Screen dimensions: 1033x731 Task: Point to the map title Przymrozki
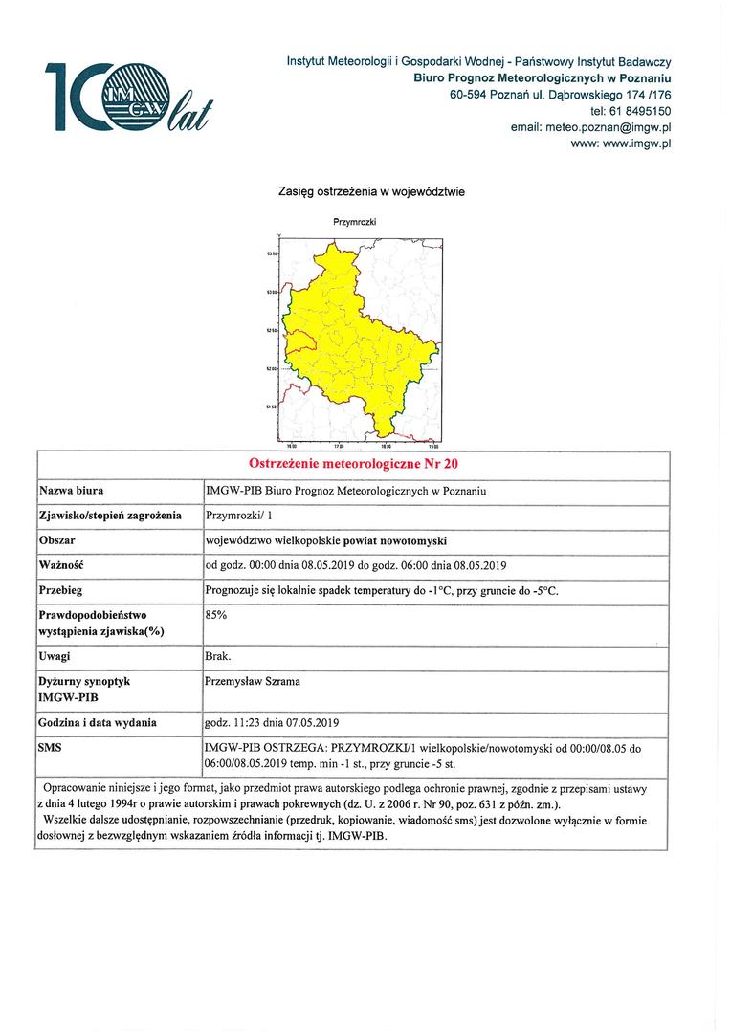tap(353, 222)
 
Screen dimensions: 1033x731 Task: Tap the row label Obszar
tap(57, 539)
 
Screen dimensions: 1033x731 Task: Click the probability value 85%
tap(216, 615)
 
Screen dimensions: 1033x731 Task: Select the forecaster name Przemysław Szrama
tap(254, 682)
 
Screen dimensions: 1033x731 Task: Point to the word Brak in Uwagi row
tap(218, 658)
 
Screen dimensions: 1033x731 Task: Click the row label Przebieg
tap(64, 589)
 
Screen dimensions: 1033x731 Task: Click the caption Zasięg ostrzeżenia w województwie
tap(371, 191)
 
